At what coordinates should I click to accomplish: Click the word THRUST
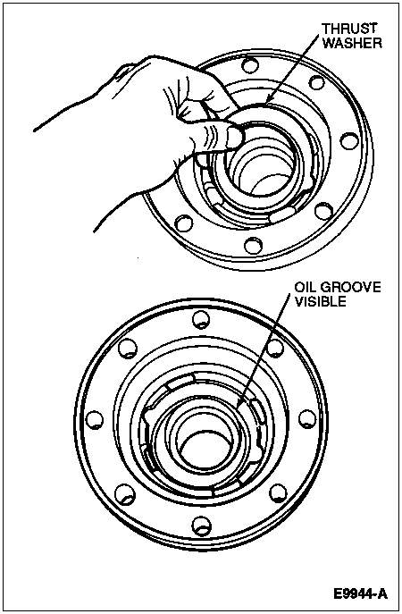tap(349, 29)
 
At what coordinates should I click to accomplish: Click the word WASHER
tap(352, 43)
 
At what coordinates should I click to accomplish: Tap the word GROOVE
tap(350, 287)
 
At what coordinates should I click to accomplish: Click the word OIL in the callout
tap(306, 287)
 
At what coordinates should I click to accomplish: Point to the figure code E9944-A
tap(360, 593)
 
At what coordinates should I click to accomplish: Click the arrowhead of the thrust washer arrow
tap(267, 101)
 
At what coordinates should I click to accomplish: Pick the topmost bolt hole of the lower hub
tap(202, 318)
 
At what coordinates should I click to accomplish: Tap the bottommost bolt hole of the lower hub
tap(202, 526)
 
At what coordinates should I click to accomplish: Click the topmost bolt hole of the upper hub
tap(250, 64)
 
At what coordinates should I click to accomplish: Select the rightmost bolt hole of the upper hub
tap(349, 141)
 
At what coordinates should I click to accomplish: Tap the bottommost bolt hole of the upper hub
tap(253, 245)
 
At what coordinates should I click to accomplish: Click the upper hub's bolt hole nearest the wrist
tap(184, 223)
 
